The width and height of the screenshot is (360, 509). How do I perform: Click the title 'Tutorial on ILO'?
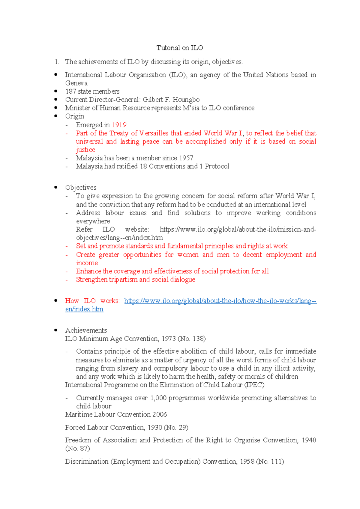180,48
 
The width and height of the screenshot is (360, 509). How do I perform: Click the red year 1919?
119,125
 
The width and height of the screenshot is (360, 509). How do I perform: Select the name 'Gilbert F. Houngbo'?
171,100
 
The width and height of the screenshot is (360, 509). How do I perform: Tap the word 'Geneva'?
76,83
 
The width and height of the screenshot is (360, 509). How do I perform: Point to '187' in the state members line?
70,91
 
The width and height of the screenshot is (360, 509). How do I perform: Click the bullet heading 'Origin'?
75,116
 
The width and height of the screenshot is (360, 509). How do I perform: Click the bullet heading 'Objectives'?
81,188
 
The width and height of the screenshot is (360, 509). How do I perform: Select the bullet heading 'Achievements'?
86,330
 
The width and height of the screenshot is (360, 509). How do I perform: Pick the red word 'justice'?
85,150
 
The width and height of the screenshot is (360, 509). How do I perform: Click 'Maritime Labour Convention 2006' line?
116,414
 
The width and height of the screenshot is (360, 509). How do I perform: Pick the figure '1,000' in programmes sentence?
158,398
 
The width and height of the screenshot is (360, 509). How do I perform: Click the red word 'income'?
87,263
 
